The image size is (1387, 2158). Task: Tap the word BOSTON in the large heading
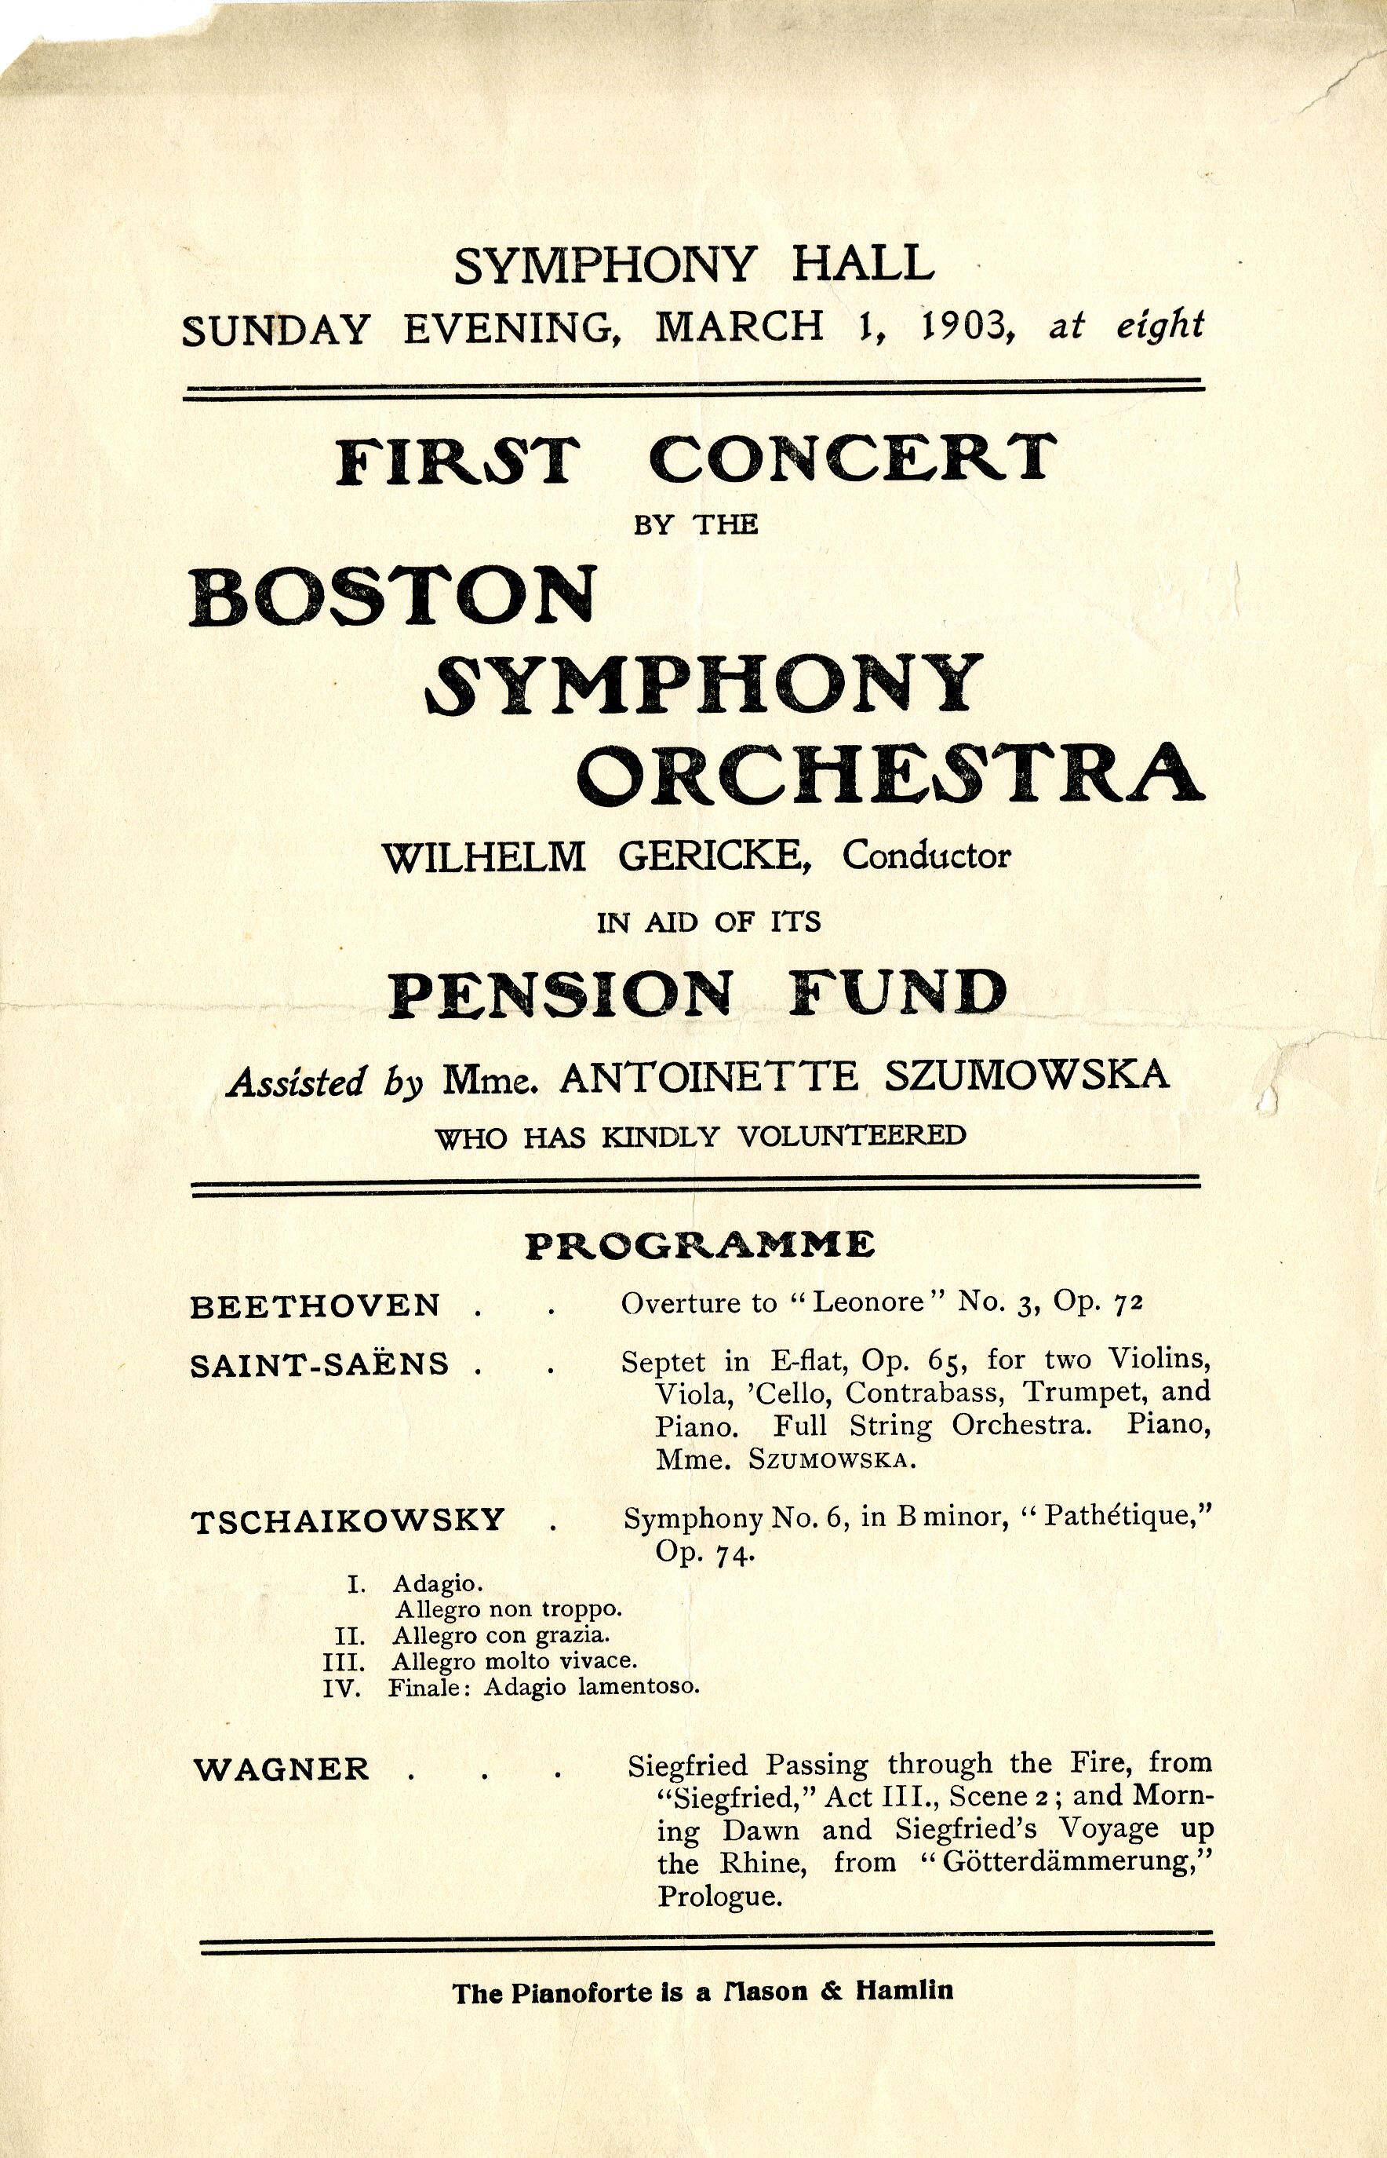393,597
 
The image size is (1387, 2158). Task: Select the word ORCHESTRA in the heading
889,772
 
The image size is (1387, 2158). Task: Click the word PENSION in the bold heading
559,993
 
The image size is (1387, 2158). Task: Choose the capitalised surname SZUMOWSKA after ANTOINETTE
1028,1075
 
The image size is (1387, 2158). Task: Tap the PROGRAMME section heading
700,1244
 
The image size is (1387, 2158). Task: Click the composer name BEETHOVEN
315,1305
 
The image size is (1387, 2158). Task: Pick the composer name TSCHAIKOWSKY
348,1520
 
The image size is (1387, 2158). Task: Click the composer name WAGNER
282,1769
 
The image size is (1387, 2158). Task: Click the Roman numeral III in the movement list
341,1660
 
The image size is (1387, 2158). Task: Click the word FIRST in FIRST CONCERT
455,461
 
